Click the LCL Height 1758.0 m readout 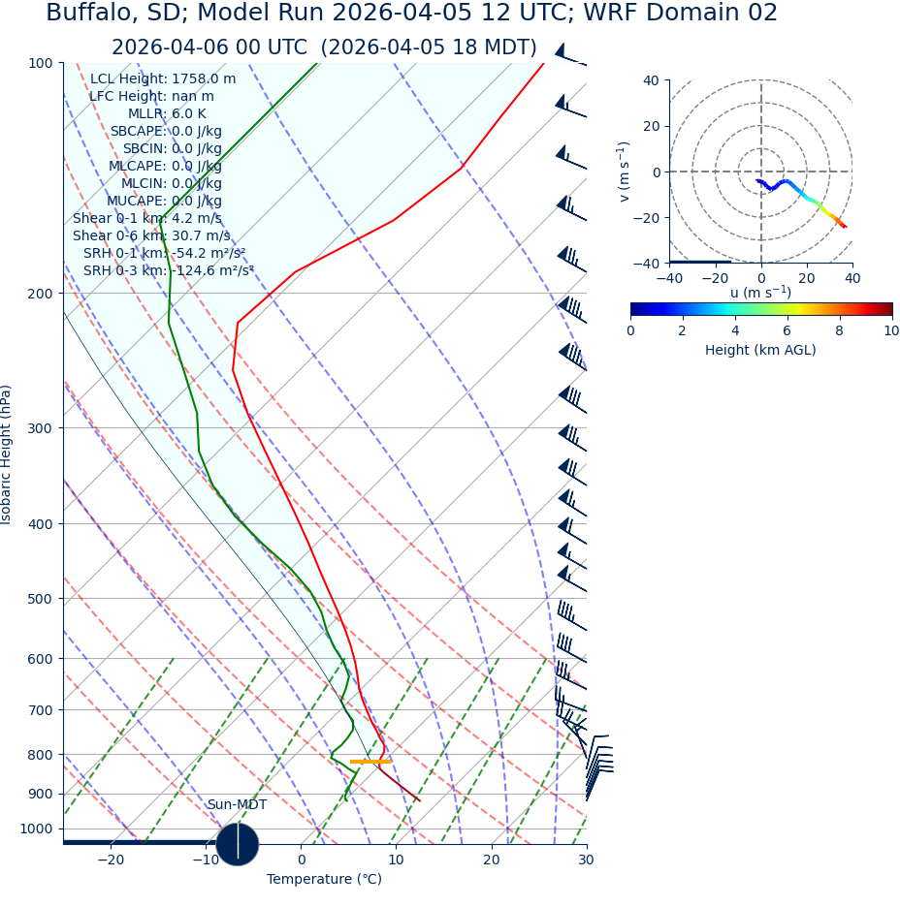pos(163,79)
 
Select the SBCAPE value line pos(166,132)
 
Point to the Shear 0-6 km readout pos(151,236)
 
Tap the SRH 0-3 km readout pos(169,271)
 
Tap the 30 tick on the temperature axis pos(586,860)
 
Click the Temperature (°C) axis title pos(324,880)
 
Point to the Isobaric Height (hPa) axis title pos(8,454)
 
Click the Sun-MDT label pos(237,805)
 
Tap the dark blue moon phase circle pos(238,843)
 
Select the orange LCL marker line pos(370,762)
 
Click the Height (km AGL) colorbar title pos(760,351)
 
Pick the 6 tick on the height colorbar pos(787,331)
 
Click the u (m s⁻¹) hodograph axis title pos(760,293)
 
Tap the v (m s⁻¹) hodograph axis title pos(625,172)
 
